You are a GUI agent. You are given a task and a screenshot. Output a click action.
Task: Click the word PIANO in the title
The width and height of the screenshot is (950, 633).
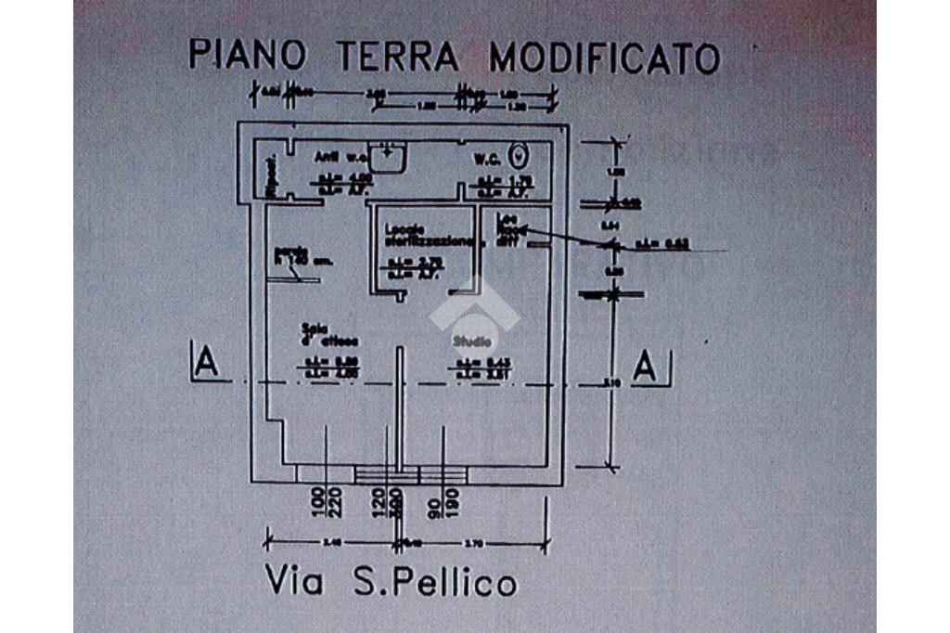(247, 55)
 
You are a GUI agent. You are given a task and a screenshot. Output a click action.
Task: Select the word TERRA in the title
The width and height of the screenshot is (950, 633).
(397, 57)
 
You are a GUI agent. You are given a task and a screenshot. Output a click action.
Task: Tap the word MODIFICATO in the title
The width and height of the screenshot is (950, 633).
(605, 58)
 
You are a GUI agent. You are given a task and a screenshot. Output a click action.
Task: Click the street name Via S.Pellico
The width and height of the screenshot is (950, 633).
(391, 582)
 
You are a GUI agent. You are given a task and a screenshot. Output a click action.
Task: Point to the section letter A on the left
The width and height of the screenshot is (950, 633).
(207, 362)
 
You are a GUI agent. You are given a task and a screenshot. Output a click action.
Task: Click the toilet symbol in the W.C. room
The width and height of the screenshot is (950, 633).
(520, 154)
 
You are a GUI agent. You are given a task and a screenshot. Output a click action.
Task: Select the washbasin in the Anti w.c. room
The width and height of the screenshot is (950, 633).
(388, 157)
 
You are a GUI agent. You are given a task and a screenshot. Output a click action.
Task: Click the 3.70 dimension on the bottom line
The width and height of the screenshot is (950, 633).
(475, 541)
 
